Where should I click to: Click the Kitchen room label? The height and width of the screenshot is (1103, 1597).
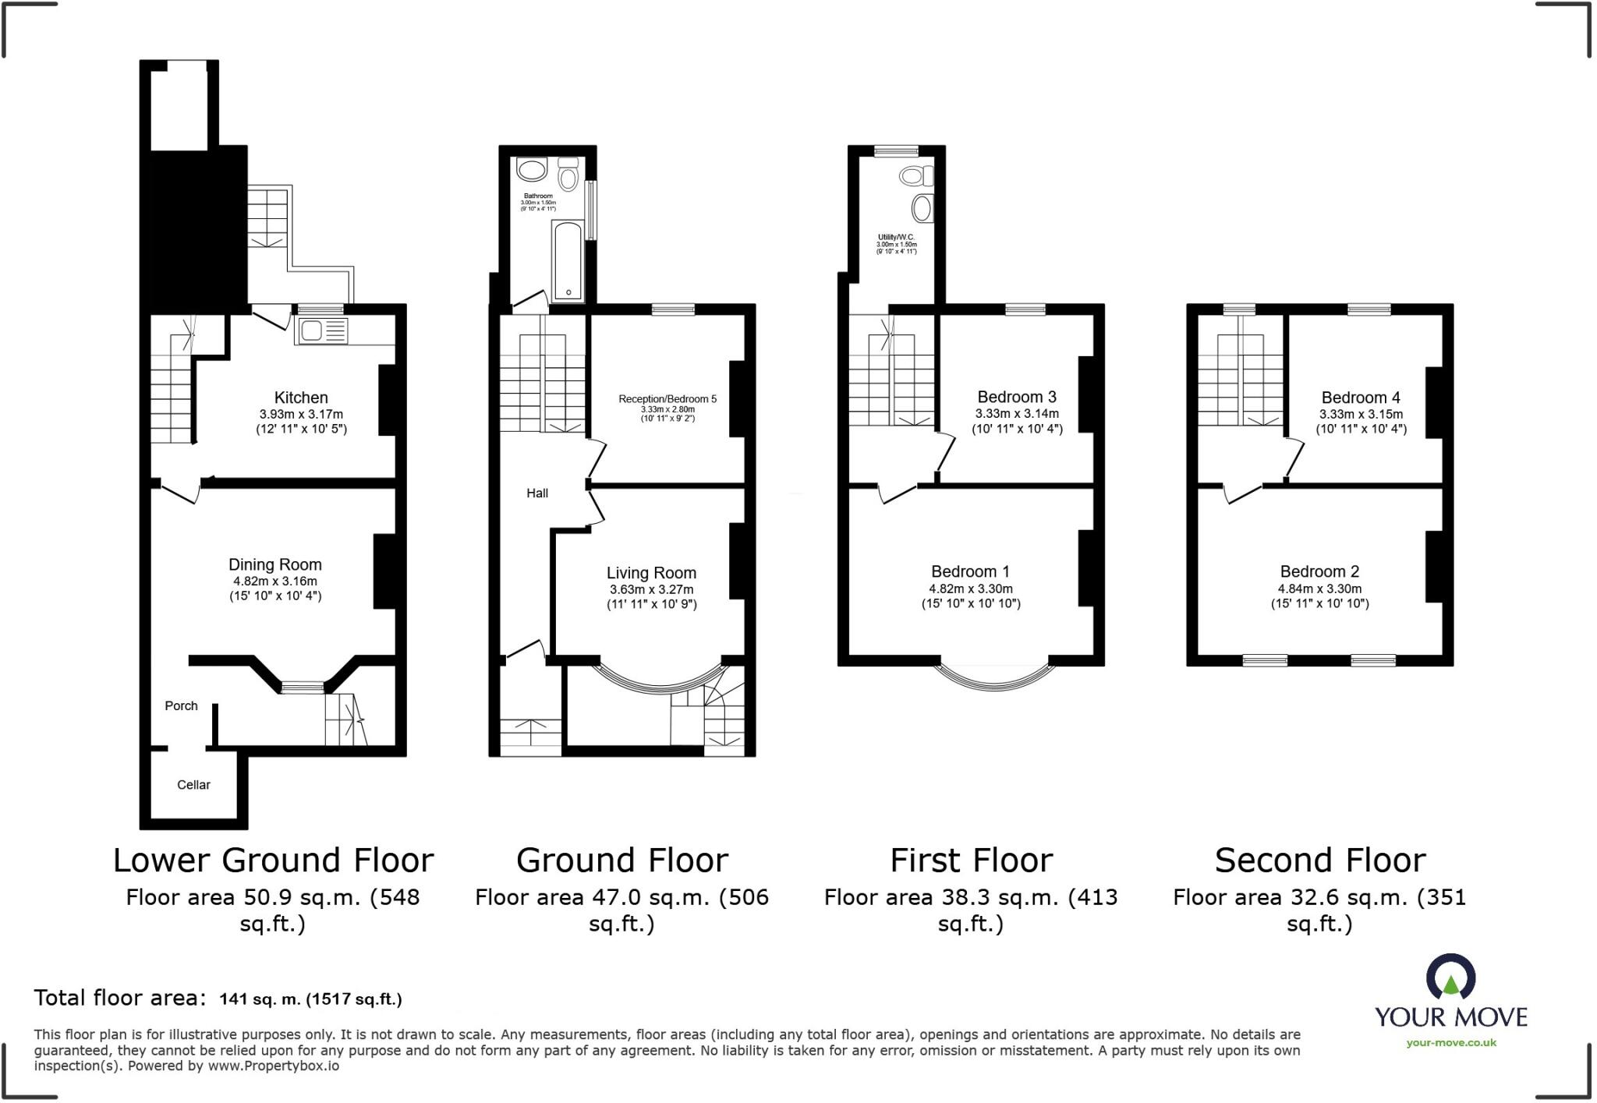click(301, 398)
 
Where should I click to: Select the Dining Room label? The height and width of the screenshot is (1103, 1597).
click(274, 564)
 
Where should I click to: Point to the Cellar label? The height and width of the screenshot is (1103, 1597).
click(193, 785)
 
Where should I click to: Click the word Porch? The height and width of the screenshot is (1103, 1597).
click(181, 705)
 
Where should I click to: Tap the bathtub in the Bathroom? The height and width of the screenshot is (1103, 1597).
click(567, 261)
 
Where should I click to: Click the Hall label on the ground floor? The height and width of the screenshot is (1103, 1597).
click(537, 493)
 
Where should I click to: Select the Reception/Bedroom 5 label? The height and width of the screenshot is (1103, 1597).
click(667, 398)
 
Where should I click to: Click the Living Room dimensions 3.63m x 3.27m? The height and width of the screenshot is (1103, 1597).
click(651, 589)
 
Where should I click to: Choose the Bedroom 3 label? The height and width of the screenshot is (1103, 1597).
click(1017, 397)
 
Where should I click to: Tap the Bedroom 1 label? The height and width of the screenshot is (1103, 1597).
click(970, 571)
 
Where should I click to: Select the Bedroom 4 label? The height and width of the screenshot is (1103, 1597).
click(1361, 398)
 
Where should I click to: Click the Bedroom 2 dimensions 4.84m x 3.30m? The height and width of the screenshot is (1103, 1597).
click(1319, 589)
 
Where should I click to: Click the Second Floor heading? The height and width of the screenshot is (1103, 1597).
click(1320, 861)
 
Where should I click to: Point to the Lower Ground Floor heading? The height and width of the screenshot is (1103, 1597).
click(273, 861)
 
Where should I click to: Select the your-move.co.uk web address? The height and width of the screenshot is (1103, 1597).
click(1451, 1043)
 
